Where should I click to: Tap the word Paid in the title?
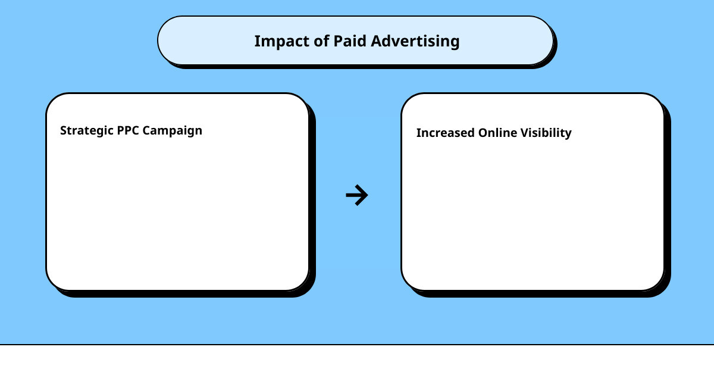(349, 41)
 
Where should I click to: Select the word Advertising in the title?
(415, 42)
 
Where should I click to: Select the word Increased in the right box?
(445, 133)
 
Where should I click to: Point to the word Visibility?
(546, 133)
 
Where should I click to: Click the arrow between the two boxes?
(357, 195)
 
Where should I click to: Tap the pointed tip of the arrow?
(367, 195)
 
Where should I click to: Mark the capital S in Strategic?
(64, 130)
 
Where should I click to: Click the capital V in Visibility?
(524, 133)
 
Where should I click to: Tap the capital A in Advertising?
(375, 41)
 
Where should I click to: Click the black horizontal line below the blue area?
(357, 344)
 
